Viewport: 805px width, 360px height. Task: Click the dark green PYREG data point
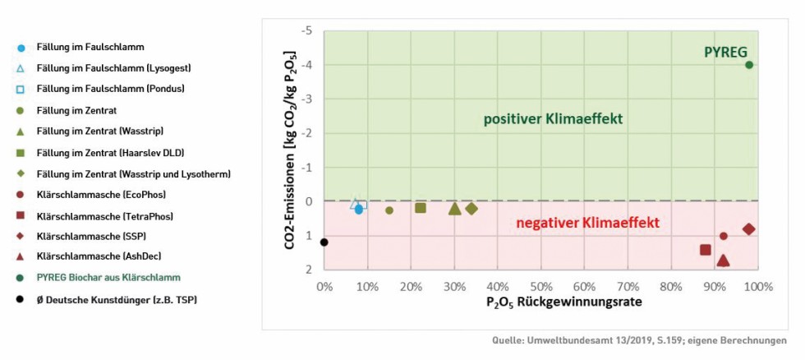point(749,65)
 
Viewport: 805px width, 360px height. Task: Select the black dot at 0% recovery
point(324,242)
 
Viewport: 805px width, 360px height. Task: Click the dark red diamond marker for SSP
point(748,229)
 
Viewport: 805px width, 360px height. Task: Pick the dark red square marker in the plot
point(705,250)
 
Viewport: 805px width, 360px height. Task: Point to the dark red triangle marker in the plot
point(723,261)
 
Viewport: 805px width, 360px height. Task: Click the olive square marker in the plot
point(421,208)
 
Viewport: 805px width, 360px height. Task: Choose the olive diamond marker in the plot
point(471,209)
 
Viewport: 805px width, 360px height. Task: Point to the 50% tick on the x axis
point(540,287)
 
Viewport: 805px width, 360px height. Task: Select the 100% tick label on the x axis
point(757,287)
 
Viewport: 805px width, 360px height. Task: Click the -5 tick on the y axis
point(307,31)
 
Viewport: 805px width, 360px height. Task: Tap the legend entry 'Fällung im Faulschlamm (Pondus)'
point(110,89)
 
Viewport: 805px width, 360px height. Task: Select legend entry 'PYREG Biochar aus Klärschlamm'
point(108,278)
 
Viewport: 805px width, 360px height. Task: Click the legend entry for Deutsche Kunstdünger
point(117,299)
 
